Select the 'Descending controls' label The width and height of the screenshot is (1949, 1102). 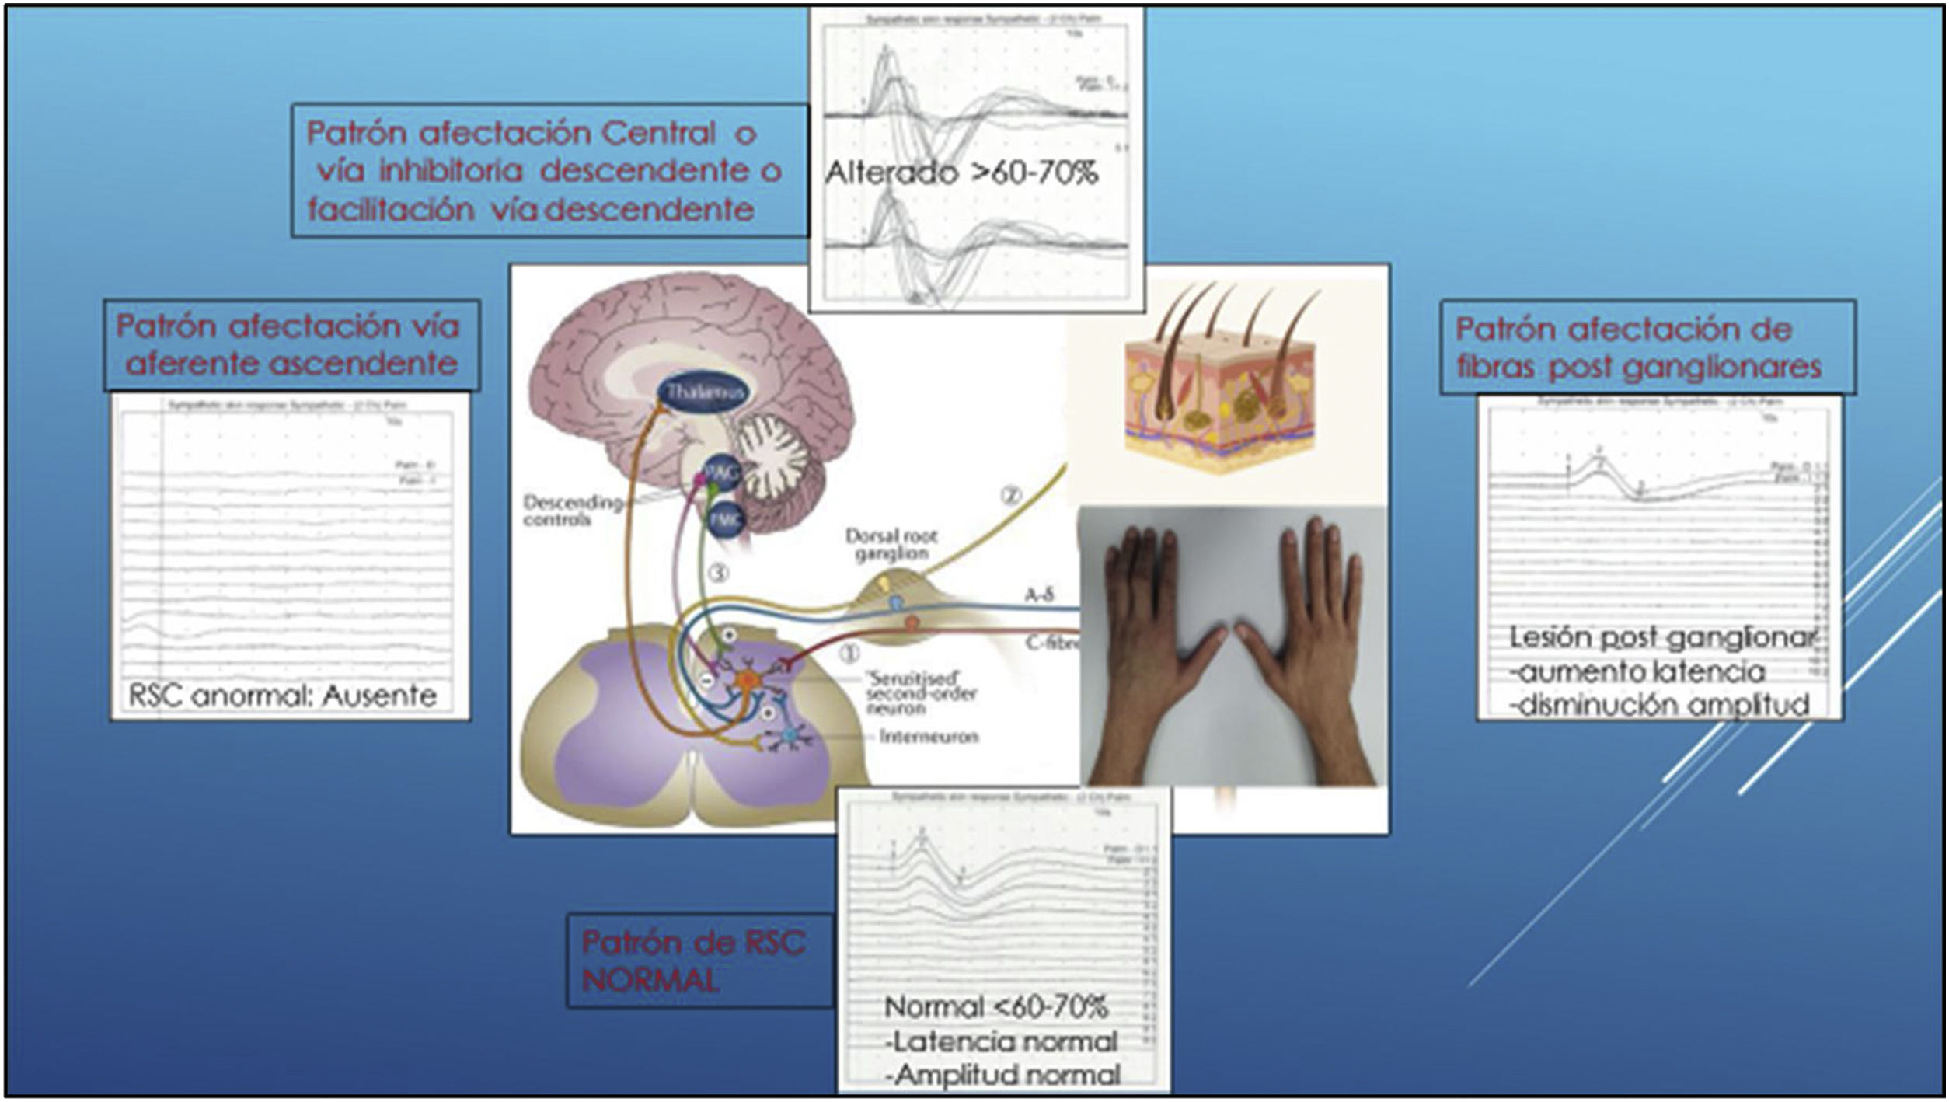click(x=573, y=511)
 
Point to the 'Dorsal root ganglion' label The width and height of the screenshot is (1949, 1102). click(x=891, y=544)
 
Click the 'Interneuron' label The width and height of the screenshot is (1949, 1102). click(x=928, y=735)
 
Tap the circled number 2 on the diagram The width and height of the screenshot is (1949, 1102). click(x=1010, y=495)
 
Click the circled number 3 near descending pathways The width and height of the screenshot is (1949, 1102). click(x=720, y=574)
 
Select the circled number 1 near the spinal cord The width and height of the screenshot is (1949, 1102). click(x=849, y=653)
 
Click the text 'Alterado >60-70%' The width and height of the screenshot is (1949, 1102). click(x=961, y=173)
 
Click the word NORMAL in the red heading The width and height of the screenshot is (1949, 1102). click(x=650, y=981)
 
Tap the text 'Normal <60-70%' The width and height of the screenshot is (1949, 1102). click(x=996, y=1007)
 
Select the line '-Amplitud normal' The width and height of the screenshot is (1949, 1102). click(x=1002, y=1076)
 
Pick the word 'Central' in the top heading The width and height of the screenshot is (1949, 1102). click(x=658, y=134)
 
